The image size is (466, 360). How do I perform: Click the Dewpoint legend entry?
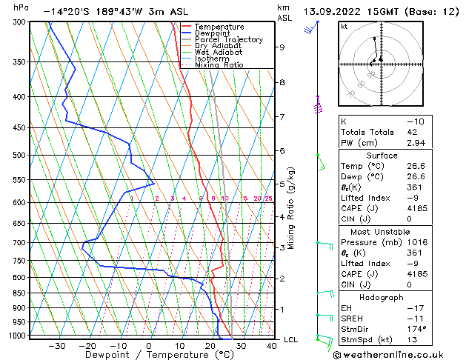pyautogui.click(x=220, y=33)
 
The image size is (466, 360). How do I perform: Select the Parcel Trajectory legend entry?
pyautogui.click(x=228, y=40)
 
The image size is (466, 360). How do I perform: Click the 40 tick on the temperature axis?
pyautogui.click(x=271, y=346)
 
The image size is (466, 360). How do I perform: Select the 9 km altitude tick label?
pyautogui.click(x=282, y=47)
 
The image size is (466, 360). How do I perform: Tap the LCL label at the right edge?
pyautogui.click(x=291, y=339)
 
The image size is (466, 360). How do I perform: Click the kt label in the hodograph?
pyautogui.click(x=344, y=26)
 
